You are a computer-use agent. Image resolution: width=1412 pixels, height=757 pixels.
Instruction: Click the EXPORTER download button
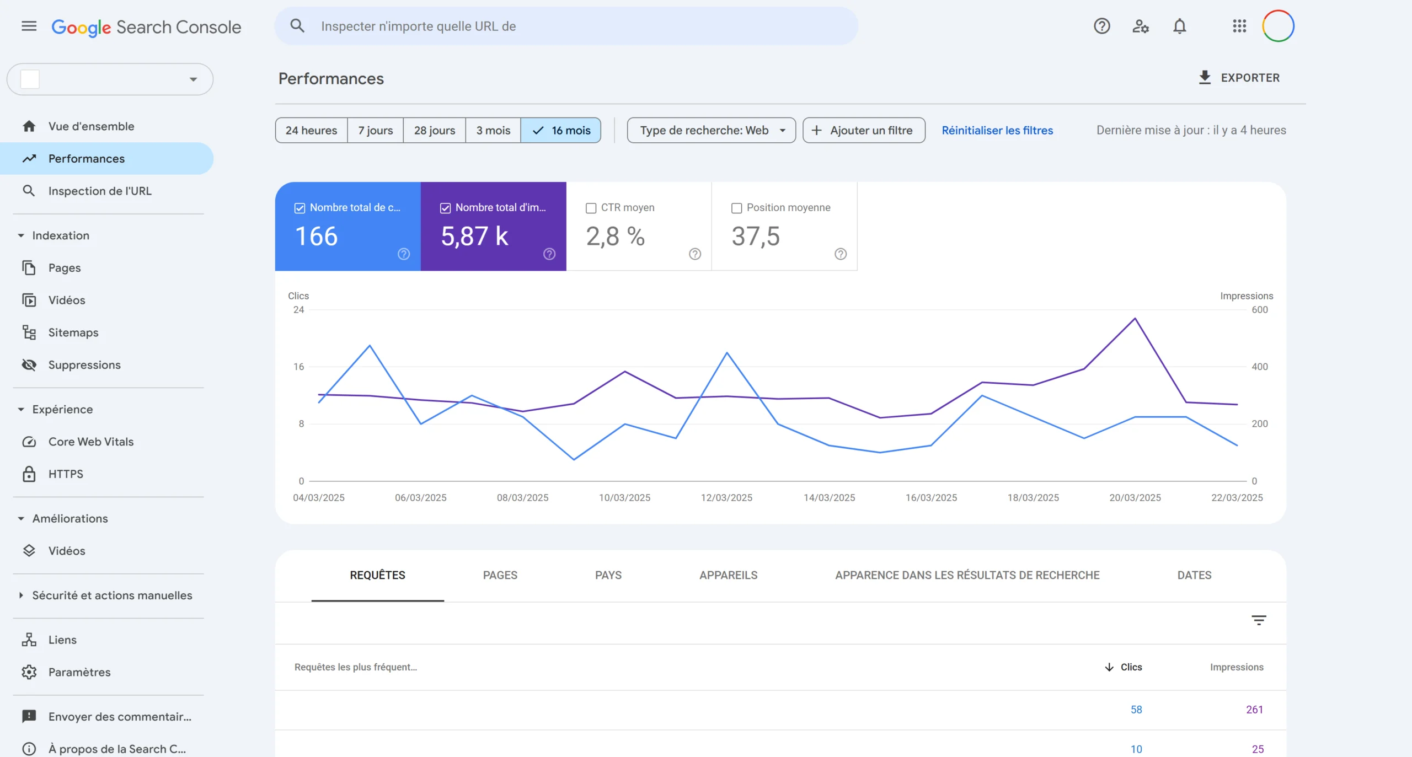[x=1239, y=78]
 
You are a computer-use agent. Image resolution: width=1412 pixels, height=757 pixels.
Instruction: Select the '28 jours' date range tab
[x=435, y=130]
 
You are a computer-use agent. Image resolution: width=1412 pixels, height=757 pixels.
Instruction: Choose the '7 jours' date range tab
[x=375, y=130]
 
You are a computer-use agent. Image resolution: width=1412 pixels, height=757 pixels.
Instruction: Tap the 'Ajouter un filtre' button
[x=864, y=130]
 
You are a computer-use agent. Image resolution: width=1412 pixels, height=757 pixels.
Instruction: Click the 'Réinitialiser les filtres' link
[x=997, y=130]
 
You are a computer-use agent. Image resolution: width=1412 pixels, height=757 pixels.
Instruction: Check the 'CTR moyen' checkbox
[x=591, y=208]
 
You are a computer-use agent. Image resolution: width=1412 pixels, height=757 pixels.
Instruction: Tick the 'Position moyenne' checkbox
[x=736, y=208]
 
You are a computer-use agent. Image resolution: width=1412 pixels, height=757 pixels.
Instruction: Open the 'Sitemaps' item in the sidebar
[x=73, y=332]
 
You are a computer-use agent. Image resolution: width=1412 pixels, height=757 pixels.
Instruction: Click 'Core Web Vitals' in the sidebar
[x=91, y=442]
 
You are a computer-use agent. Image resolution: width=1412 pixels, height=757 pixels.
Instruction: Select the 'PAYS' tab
[x=608, y=575]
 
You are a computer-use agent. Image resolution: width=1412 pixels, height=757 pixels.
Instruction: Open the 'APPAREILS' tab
[x=728, y=575]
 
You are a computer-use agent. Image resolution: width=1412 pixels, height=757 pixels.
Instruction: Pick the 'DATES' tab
[x=1194, y=575]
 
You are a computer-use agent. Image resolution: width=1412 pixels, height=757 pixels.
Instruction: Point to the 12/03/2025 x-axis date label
[x=726, y=497]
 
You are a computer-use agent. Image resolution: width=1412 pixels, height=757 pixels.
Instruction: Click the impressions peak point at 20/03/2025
[x=1135, y=319]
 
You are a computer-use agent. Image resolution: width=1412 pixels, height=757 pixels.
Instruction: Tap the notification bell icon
[x=1179, y=26]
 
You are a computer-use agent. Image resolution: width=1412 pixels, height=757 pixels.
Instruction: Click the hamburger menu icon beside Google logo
[x=29, y=26]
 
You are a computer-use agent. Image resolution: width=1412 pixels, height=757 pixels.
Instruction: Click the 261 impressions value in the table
[x=1254, y=710]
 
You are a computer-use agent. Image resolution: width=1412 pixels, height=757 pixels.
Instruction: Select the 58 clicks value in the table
[x=1136, y=710]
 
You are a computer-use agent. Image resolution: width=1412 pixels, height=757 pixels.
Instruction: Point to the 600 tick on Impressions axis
[x=1260, y=310]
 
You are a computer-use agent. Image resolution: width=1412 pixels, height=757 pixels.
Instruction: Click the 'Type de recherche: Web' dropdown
[x=711, y=130]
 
